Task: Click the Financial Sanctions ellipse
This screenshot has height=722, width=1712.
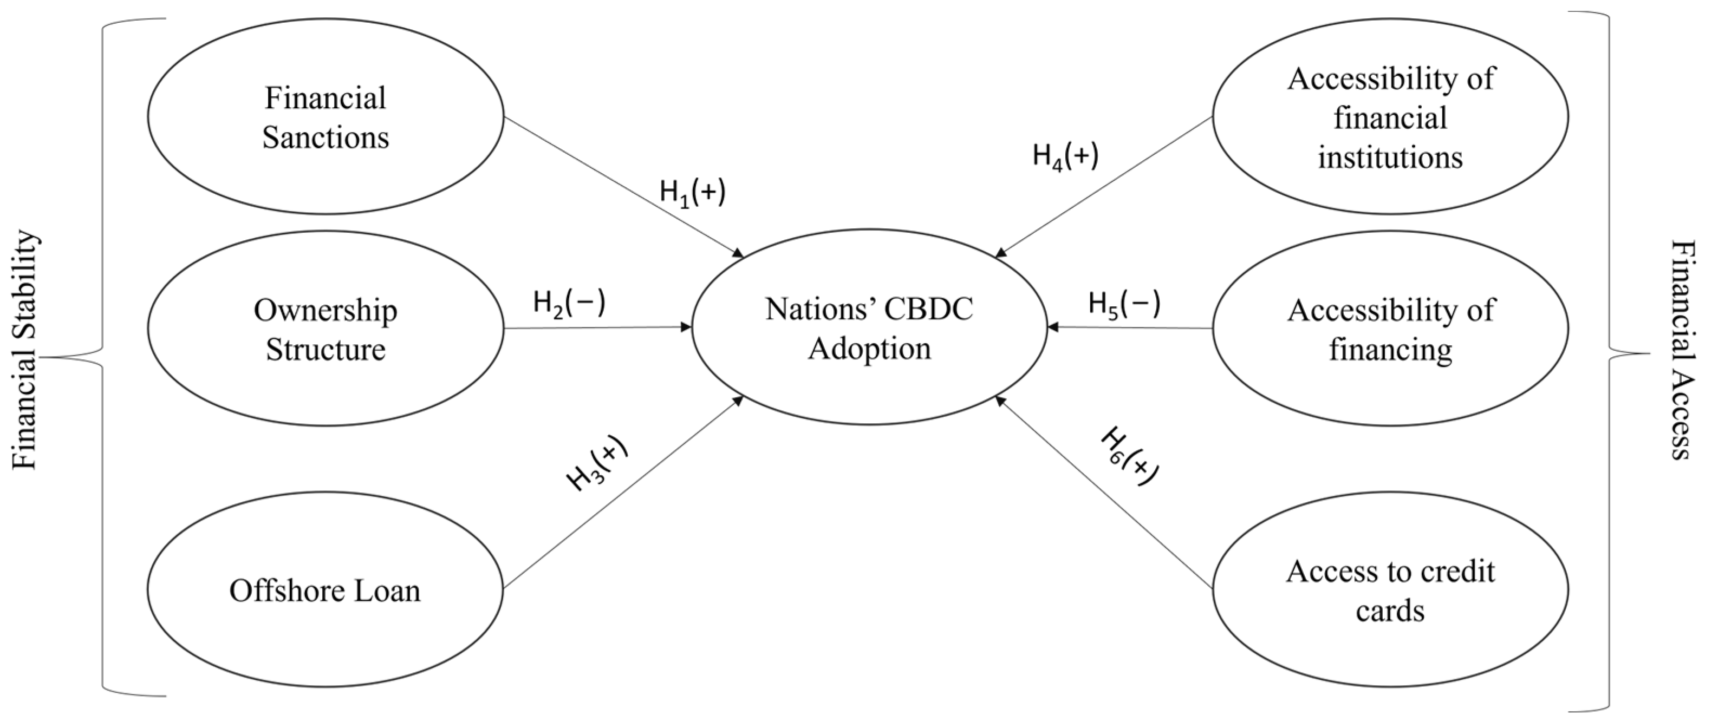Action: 325,117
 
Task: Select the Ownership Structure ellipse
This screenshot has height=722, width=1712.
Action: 325,329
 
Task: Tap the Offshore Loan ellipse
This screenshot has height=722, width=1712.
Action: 325,590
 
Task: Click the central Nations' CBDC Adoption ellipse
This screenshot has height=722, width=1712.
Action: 869,328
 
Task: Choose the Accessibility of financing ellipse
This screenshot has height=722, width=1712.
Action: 1390,329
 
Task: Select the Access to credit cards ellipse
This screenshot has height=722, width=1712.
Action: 1390,590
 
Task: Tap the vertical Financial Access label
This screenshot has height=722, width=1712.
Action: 1682,350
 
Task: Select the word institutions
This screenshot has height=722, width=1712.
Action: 1390,158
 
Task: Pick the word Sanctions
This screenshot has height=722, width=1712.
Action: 325,137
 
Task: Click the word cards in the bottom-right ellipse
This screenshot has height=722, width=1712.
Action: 1390,611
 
